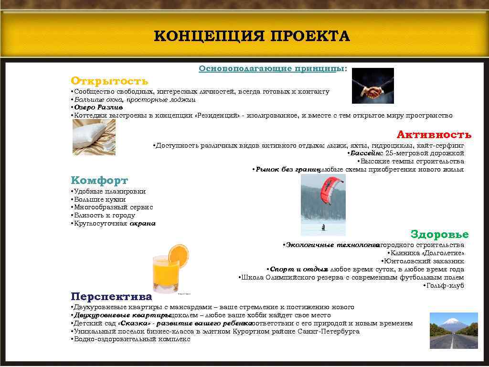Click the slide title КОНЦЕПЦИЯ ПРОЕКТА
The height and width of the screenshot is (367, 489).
pos(252,36)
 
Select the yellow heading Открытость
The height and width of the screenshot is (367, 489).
pos(109,81)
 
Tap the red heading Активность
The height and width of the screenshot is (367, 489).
pos(434,134)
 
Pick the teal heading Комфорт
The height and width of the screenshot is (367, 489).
pos(99,181)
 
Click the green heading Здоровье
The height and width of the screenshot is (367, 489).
pos(439,234)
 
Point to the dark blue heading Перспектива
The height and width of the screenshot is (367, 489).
pos(111,296)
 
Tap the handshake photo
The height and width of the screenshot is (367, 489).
pos(372,86)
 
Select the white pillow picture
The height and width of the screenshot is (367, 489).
pos(94,137)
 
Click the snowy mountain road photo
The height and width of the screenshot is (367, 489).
pos(454,330)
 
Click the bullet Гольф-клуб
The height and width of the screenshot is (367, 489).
pos(445,286)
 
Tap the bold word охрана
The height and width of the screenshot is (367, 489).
pos(143,223)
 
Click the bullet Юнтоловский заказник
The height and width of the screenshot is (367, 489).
pos(424,261)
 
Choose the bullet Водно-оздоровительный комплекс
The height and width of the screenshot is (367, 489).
pos(132,339)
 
